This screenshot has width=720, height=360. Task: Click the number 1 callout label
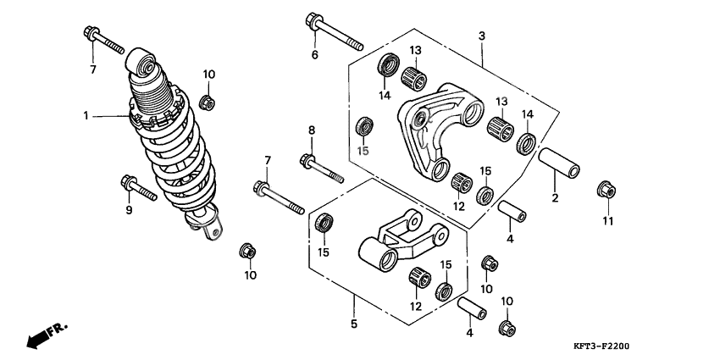point(86,116)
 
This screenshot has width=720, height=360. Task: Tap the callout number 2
point(555,199)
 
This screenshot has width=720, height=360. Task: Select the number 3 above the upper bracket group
point(481,36)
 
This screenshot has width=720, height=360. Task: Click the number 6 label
point(314,55)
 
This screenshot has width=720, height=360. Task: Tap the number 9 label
point(130,210)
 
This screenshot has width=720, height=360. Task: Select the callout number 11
point(606,222)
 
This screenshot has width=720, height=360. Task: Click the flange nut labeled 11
point(606,189)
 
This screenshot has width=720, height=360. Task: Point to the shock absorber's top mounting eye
point(143,64)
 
